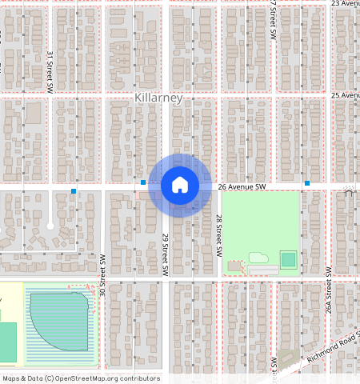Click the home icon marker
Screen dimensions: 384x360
180,185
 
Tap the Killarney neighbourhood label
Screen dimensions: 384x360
159,98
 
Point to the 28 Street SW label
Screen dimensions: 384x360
218,235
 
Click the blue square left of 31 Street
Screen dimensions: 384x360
74,191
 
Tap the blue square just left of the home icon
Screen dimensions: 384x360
143,183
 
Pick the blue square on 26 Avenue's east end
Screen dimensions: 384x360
306,183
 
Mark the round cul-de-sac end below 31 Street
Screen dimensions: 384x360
50,226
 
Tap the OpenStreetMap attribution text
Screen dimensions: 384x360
80,378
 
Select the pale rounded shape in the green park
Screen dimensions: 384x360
258,258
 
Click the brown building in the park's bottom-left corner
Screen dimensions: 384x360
234,265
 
